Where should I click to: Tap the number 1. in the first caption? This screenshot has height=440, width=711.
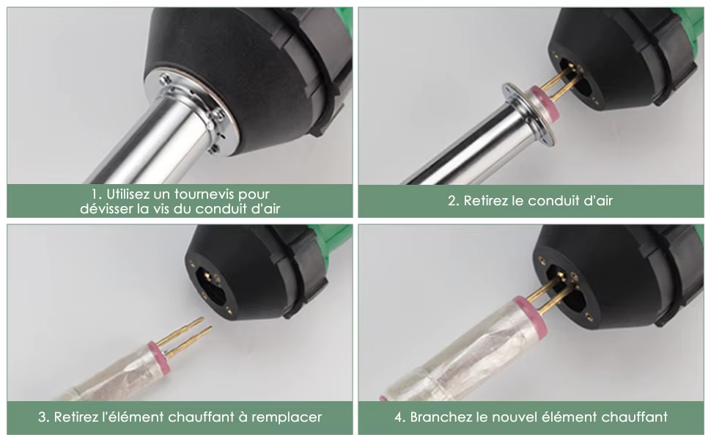(96, 194)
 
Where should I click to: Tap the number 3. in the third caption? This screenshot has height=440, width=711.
(43, 417)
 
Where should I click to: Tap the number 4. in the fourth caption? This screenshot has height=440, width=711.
(400, 417)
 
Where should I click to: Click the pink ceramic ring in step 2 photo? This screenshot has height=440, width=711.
(545, 103)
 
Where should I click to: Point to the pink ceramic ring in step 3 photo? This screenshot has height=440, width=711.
(158, 351)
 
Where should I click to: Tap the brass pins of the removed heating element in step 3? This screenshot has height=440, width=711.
(187, 337)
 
